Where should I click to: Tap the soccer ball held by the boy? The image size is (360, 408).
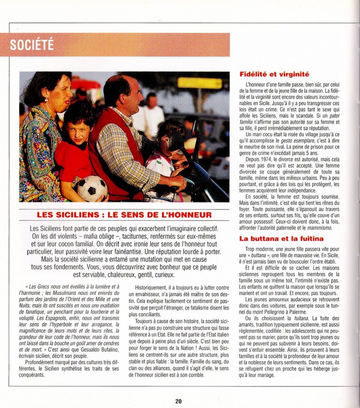pos(92,188)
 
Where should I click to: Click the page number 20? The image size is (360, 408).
pos(178,401)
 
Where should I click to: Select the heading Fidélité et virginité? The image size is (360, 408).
pos(274,74)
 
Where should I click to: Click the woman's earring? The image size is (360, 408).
pos(46,100)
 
